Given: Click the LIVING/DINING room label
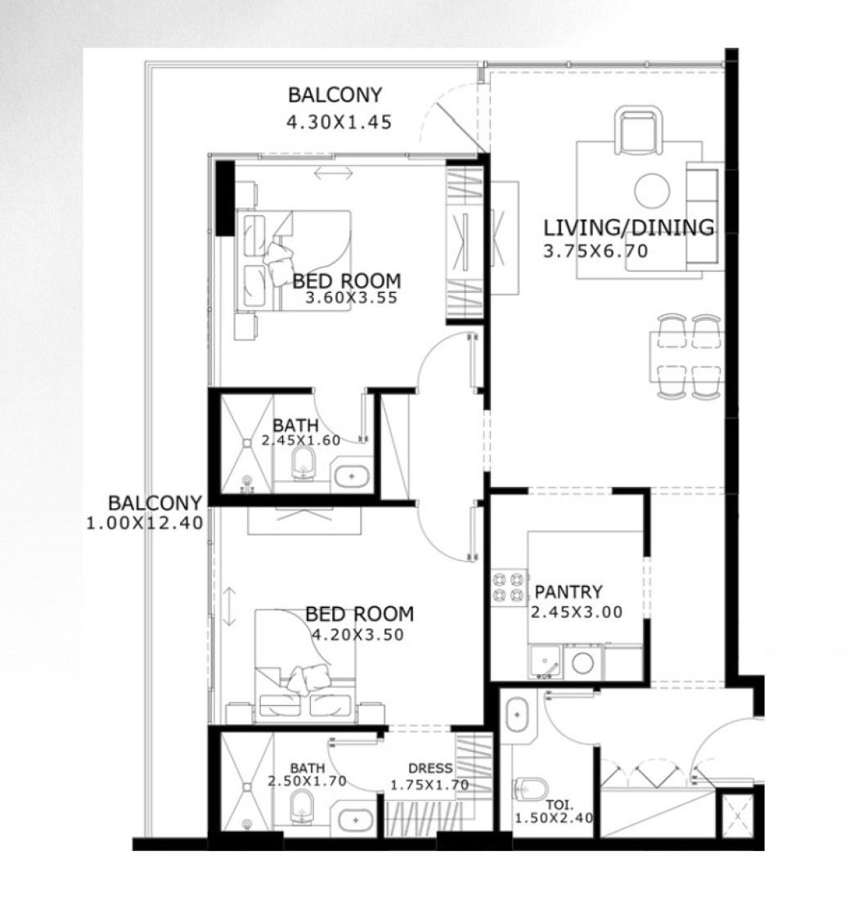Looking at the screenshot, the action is point(628,228).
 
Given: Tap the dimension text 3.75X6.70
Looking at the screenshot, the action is point(596,251).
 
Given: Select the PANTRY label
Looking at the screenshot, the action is point(569,592).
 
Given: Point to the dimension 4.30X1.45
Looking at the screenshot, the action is point(339,122).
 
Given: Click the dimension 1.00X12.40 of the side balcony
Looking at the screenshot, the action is point(145,524).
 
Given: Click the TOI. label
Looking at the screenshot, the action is point(560,805).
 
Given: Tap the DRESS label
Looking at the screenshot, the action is point(430,768).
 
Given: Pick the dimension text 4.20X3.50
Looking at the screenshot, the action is point(357,635).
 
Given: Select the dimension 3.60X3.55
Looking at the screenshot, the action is point(351,298).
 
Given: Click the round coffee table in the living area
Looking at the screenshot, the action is point(652,191).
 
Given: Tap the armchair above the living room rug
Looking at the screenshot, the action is point(638,130).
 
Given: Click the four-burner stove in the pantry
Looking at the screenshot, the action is point(510,587).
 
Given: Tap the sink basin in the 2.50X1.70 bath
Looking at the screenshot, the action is point(353,821).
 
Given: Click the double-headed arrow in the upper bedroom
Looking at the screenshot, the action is point(334,173).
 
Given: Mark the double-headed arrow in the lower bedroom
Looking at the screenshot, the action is point(229,606).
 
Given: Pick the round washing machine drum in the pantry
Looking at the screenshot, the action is point(582,664).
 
